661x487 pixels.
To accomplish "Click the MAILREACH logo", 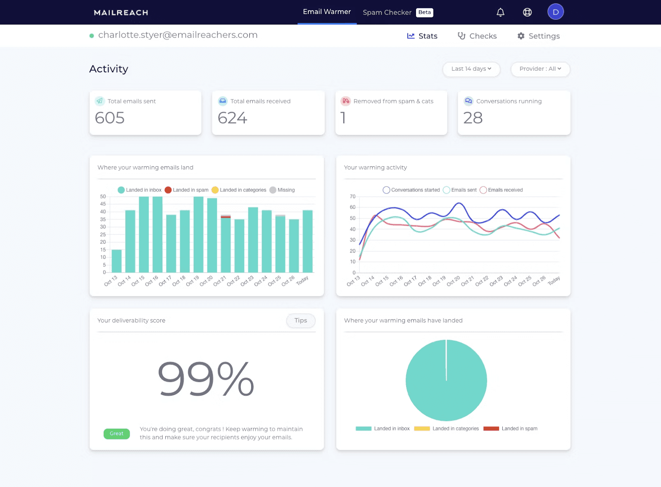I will (x=121, y=12).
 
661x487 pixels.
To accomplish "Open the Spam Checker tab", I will (x=387, y=12).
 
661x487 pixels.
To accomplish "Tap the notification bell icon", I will (x=500, y=12).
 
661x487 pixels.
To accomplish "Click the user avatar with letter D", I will (x=555, y=12).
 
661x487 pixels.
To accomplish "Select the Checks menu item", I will (x=477, y=36).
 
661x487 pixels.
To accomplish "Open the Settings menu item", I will (x=538, y=36).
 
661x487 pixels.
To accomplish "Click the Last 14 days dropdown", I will (x=471, y=69).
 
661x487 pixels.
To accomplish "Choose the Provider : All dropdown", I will (x=540, y=69).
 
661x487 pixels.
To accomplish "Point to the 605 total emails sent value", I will (x=110, y=118).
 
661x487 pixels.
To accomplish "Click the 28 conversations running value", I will (x=473, y=118).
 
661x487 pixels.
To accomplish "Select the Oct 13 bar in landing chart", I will (x=117, y=261).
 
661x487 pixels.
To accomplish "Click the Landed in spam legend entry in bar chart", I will (x=187, y=190).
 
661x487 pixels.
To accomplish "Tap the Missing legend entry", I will (x=282, y=190).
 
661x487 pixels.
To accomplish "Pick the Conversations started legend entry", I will (x=411, y=190).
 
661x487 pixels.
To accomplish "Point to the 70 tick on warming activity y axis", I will (x=352, y=196).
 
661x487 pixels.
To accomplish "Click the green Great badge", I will (x=117, y=434).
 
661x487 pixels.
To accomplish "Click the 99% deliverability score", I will (x=206, y=379).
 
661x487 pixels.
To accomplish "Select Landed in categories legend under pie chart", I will (x=447, y=429).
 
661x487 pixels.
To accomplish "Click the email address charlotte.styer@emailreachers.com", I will (x=178, y=35).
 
